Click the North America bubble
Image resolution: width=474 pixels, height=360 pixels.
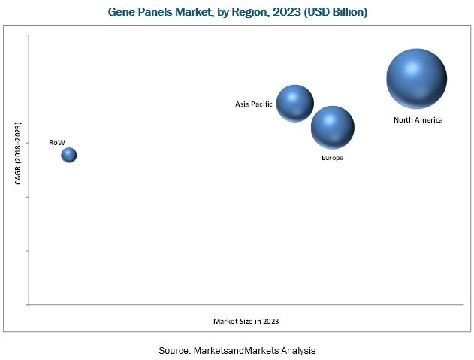(416, 79)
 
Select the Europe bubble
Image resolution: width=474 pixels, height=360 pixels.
(333, 127)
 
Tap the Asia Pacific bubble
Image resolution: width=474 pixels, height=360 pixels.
(295, 103)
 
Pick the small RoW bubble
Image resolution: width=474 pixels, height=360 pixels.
(69, 155)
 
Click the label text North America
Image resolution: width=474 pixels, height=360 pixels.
(418, 120)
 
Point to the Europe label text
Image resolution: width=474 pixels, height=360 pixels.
(332, 158)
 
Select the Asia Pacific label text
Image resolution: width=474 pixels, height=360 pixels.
(253, 104)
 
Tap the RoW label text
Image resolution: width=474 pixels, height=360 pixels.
(56, 141)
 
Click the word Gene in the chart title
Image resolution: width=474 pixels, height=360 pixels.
(124, 13)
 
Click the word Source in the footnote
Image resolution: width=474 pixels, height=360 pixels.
(174, 351)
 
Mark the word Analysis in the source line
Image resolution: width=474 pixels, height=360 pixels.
(297, 351)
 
